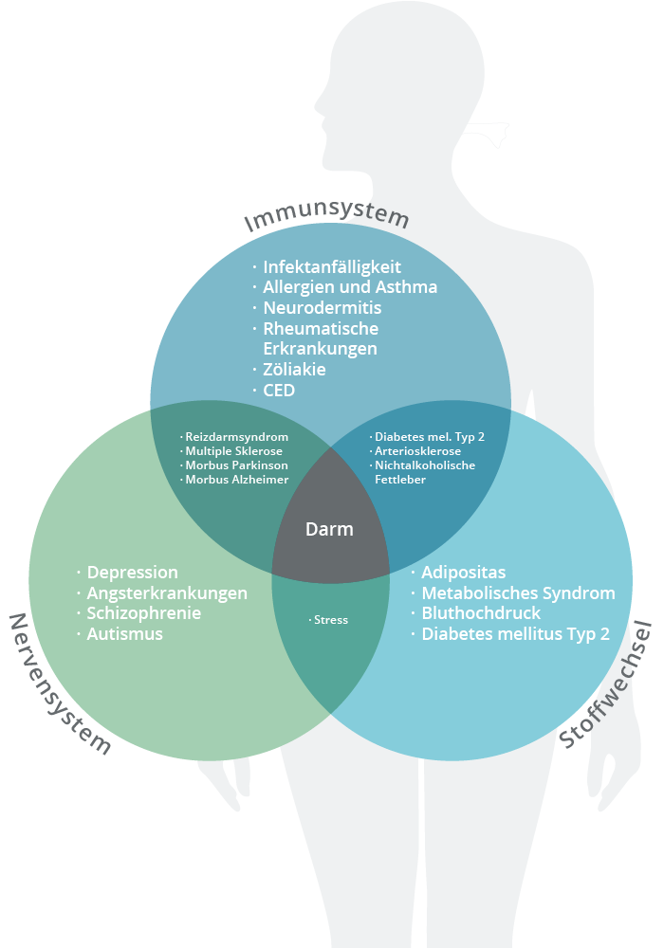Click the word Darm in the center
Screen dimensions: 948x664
tap(329, 530)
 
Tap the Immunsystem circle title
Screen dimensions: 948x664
tap(327, 217)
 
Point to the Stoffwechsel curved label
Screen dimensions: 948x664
tap(607, 684)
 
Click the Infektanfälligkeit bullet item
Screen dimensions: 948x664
tap(332, 267)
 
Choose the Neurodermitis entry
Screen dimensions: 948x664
tap(323, 308)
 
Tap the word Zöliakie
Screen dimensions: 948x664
tap(296, 370)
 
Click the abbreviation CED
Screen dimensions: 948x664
tap(280, 391)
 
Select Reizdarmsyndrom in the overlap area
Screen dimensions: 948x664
tap(236, 437)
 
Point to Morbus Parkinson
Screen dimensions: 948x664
tap(236, 465)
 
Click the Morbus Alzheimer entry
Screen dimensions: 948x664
tap(236, 480)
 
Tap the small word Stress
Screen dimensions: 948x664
tap(330, 620)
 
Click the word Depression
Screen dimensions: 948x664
tap(132, 573)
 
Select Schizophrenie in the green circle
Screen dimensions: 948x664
tap(143, 613)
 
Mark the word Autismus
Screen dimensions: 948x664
tap(124, 634)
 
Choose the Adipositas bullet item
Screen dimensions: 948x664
tap(464, 573)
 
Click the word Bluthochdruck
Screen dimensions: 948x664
tap(481, 613)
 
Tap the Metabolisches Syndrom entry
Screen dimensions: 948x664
tap(518, 593)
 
